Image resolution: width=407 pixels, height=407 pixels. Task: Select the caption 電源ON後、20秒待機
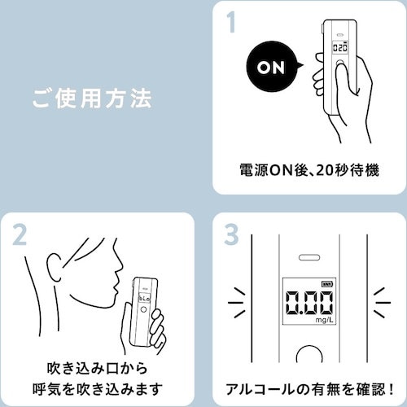click(x=309, y=171)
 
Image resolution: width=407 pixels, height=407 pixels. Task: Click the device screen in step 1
click(x=342, y=48)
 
